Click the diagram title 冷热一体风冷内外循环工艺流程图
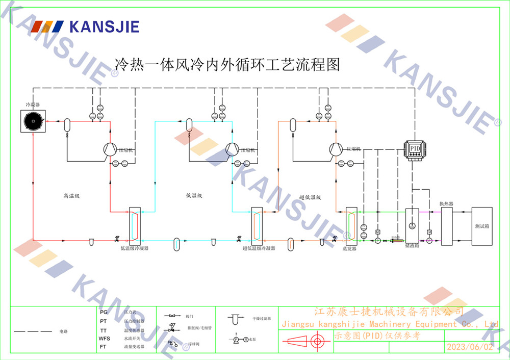coord(227,65)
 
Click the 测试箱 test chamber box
coord(482,226)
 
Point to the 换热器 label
coord(447,203)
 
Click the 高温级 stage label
coord(72,195)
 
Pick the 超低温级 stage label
coord(310,197)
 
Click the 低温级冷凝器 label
coord(134,248)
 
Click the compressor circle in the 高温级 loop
coord(110,149)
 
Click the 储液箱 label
coord(412,245)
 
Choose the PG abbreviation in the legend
coord(104,312)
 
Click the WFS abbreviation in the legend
coord(104,338)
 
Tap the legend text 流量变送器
coord(134,347)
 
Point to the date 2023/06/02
coord(470,347)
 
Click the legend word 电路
coord(64,331)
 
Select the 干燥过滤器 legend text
coord(262,319)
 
